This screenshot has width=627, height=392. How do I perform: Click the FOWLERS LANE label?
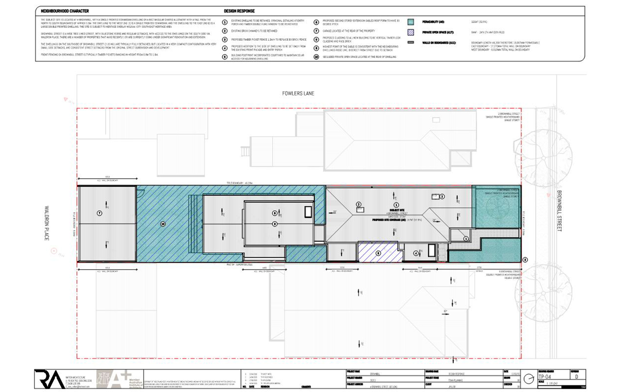pyautogui.click(x=298, y=93)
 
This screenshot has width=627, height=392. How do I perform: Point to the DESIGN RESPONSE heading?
pyautogui.click(x=240, y=10)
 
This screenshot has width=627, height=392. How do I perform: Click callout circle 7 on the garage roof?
pyautogui.click(x=99, y=213)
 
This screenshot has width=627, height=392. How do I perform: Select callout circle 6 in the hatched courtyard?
pyautogui.click(x=378, y=253)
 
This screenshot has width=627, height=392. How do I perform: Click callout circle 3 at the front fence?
pyautogui.click(x=525, y=260)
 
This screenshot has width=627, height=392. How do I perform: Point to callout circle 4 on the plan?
pyautogui.click(x=415, y=253)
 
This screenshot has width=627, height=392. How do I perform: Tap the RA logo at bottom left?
pyautogui.click(x=49, y=379)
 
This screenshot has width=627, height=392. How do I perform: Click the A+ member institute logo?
pyautogui.click(x=118, y=379)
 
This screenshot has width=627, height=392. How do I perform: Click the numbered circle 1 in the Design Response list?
pyautogui.click(x=225, y=22)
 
